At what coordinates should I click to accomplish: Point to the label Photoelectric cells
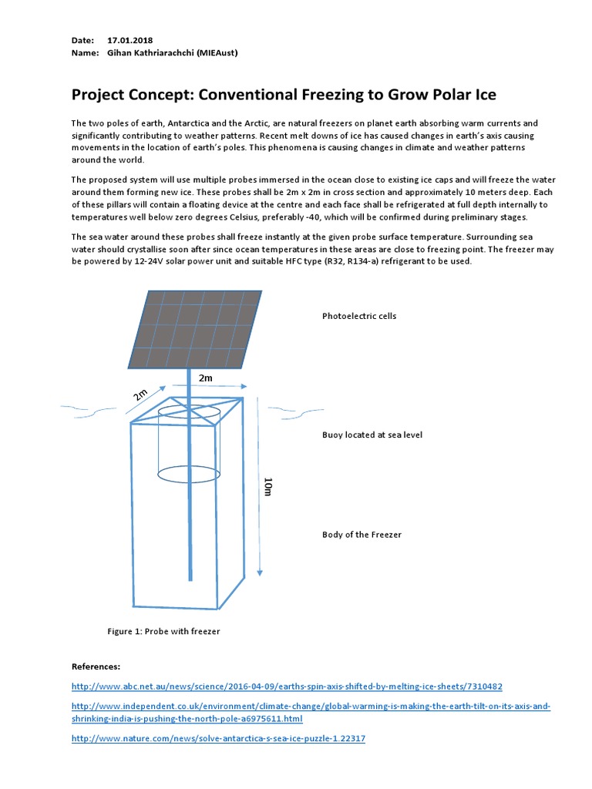tap(358, 317)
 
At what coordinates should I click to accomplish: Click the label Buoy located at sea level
tap(372, 435)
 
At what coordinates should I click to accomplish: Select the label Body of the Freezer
tap(362, 535)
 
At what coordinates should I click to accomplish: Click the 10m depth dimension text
tap(268, 487)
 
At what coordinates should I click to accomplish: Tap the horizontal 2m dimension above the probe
tap(206, 378)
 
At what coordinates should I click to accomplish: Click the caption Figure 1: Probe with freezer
tap(163, 632)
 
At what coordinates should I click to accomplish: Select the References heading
tap(96, 666)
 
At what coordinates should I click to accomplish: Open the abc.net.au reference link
tap(287, 686)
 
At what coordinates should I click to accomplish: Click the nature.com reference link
tap(218, 738)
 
